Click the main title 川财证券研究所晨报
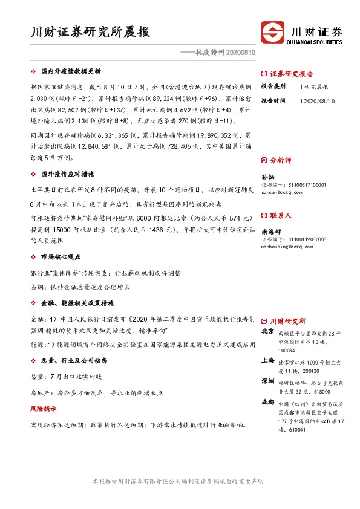90,31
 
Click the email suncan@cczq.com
282,192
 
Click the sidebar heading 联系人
280,215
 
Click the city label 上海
267,360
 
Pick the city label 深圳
267,382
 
